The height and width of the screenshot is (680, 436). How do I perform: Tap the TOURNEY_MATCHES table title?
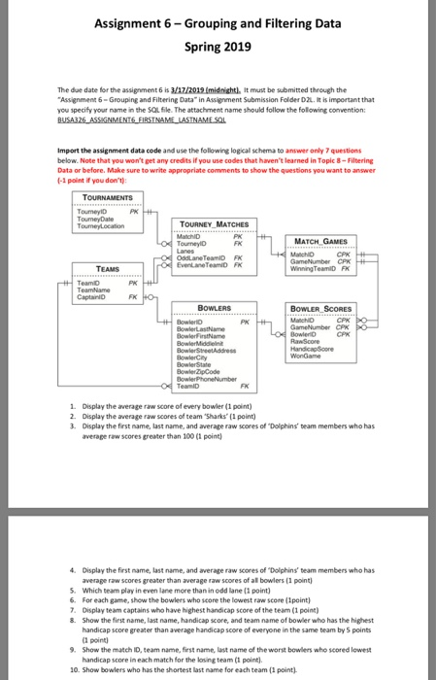[218, 223]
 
